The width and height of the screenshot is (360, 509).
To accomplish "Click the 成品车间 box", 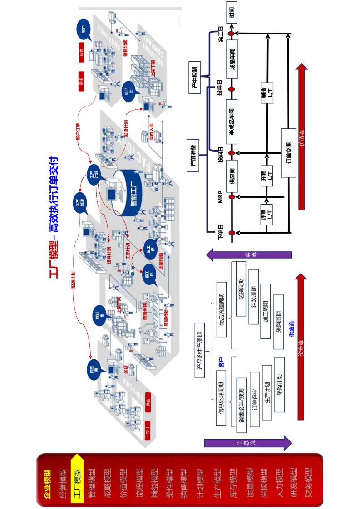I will pyautogui.click(x=232, y=62).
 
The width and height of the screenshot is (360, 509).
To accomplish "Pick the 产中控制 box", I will pyautogui.click(x=194, y=77).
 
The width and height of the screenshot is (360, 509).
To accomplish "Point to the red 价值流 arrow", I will pyautogui.click(x=301, y=136).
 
